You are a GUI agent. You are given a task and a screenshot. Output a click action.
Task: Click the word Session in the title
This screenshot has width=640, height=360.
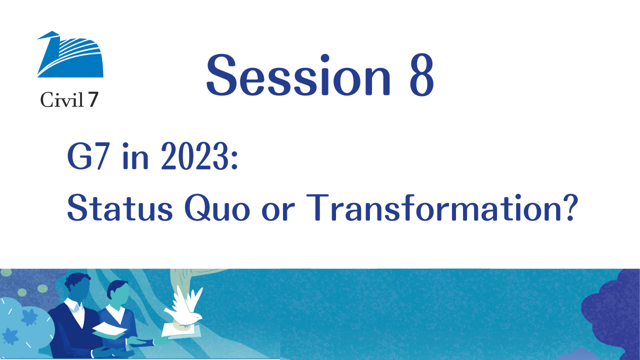[298, 75]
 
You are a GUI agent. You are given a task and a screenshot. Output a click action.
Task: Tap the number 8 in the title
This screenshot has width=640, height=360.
[421, 75]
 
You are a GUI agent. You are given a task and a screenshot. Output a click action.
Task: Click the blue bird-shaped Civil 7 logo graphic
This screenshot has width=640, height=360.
[70, 54]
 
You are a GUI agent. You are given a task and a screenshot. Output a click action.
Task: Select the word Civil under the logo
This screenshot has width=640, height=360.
[62, 99]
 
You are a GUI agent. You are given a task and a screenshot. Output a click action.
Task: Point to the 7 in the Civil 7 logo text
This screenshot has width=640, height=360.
[93, 99]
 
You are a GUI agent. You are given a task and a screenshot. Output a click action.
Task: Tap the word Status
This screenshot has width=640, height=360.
[120, 207]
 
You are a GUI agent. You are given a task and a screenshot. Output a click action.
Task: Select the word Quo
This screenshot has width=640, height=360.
[217, 208]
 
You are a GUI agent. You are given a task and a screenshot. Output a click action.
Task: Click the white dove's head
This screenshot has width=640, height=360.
[197, 317]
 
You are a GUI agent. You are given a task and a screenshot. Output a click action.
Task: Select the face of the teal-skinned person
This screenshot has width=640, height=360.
[119, 295]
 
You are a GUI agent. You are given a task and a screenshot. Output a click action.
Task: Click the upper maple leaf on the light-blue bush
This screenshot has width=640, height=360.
[29, 317]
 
